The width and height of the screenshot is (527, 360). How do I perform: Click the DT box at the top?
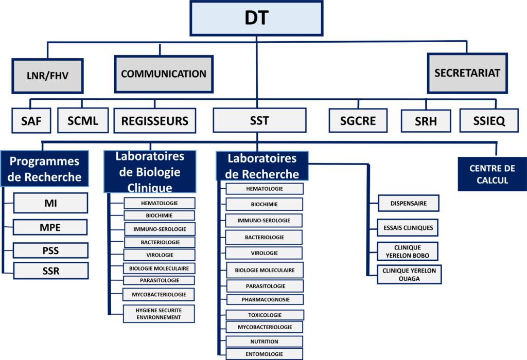pos(256,19)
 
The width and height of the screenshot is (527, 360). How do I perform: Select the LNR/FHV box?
pos(47,76)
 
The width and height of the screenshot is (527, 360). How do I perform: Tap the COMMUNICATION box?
pos(164,74)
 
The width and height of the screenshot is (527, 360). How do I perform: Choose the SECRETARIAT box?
pos(467,73)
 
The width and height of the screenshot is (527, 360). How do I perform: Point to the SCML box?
pos(82,121)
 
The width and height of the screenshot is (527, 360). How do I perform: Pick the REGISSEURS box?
pos(155,121)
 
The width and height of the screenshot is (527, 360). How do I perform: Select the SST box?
pos(259,121)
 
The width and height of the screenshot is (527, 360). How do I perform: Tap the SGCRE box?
pos(358,121)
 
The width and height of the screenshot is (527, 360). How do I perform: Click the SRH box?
pos(426,122)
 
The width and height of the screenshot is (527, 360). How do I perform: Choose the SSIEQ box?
pos(489,121)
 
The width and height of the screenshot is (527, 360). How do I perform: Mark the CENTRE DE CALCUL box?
pos(492,174)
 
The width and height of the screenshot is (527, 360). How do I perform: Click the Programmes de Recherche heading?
pos(45,169)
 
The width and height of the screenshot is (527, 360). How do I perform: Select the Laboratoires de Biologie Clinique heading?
pos(150,171)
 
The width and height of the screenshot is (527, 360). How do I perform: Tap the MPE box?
pos(50,227)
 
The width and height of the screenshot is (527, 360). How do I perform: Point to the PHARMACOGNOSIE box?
pos(265,299)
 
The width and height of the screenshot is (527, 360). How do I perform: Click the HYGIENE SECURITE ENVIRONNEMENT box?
pos(159,314)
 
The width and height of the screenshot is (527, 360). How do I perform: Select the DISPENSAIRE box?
pos(409,203)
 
